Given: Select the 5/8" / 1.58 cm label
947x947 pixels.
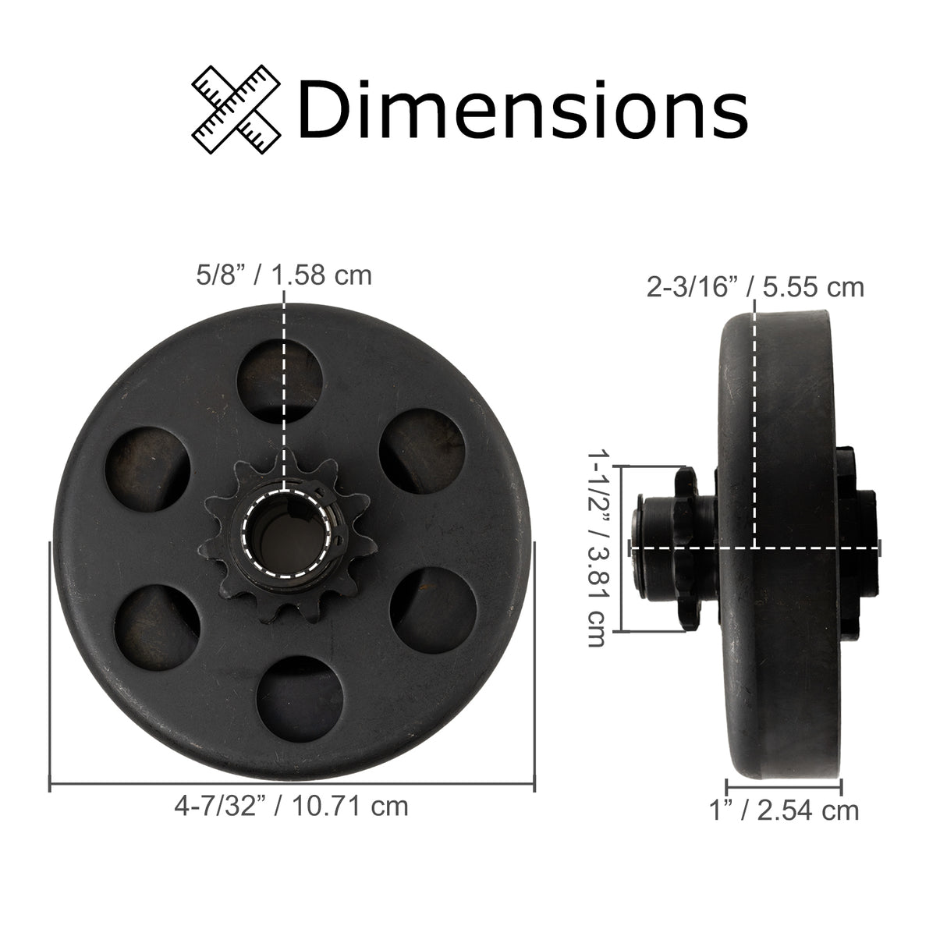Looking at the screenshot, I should [x=283, y=275].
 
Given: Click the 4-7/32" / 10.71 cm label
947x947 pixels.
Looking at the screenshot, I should [x=291, y=805].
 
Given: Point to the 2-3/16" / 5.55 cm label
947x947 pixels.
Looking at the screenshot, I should [x=755, y=287].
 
